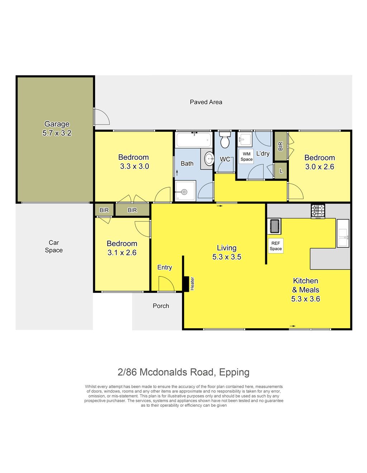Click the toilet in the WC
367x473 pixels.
click(225, 139)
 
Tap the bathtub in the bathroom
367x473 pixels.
click(194, 140)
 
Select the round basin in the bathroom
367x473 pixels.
click(209, 158)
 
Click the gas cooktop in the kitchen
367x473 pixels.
click(318, 211)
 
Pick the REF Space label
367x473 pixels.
click(276, 246)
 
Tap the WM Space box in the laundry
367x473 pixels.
click(246, 156)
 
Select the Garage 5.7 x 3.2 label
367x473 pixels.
click(57, 128)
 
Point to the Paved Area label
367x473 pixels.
click(206, 102)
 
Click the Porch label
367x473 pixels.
click(161, 306)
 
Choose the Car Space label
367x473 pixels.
click(54, 246)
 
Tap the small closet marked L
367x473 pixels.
click(281, 171)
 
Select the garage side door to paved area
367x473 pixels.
click(101, 116)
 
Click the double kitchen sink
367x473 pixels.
click(343, 233)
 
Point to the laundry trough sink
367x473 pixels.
click(245, 139)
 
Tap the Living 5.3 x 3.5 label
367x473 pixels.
click(227, 252)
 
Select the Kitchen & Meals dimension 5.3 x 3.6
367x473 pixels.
click(306, 299)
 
